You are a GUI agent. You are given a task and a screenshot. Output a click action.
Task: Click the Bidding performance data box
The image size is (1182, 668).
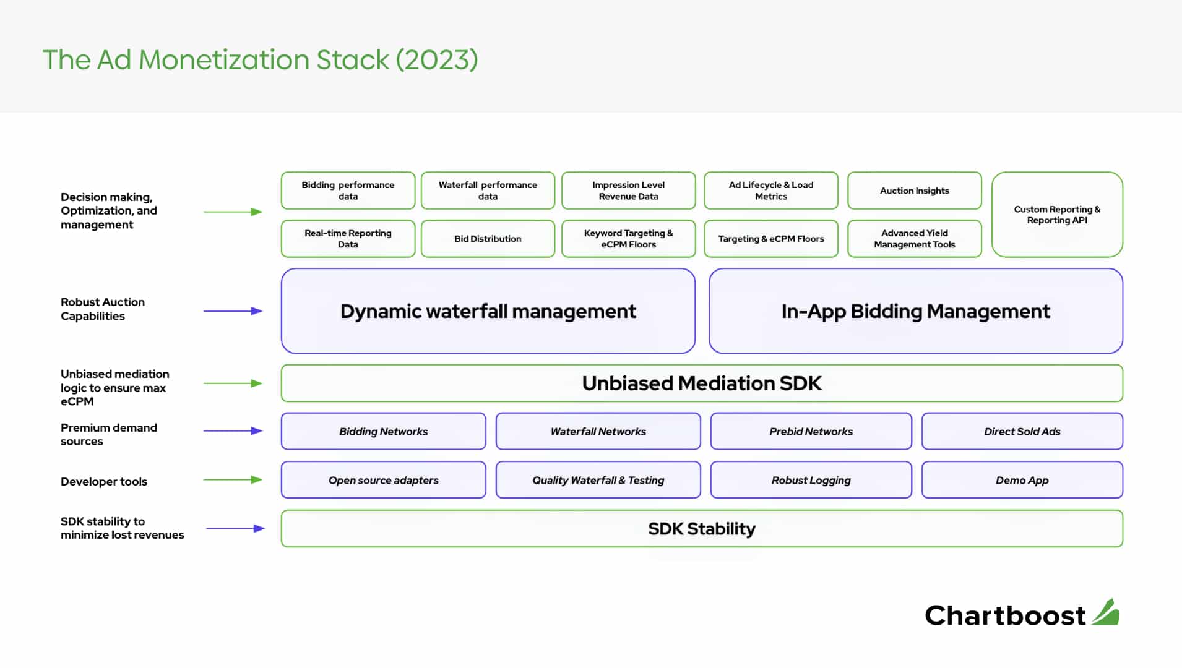tap(348, 191)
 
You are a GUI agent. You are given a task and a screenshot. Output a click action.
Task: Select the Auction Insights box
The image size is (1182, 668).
tap(914, 191)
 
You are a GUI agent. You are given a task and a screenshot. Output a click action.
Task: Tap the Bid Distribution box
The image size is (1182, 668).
tap(488, 239)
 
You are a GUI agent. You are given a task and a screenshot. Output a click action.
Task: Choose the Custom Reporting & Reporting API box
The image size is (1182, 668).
tap(1057, 215)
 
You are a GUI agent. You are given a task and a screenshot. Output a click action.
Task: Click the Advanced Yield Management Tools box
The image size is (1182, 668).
tap(914, 239)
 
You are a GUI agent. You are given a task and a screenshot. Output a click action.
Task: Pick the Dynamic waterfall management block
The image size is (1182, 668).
tap(488, 311)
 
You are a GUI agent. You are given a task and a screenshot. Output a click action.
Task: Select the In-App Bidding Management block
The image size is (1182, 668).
tap(916, 311)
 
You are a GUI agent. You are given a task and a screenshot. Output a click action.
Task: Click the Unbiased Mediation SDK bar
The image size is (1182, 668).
tap(702, 383)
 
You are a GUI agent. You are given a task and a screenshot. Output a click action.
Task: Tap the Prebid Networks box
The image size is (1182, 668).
tap(811, 431)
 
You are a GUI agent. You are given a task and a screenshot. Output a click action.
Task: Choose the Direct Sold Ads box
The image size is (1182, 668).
tap(1022, 431)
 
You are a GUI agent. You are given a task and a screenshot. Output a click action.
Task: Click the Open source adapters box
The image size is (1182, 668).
tap(384, 480)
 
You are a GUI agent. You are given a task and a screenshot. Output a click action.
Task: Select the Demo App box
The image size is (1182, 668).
tap(1022, 480)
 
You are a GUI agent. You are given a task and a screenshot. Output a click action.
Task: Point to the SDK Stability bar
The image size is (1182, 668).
tap(702, 529)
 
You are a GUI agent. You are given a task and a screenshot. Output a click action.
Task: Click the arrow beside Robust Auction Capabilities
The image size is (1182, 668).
tap(233, 311)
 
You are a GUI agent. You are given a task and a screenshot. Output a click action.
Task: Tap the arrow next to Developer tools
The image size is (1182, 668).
tap(233, 480)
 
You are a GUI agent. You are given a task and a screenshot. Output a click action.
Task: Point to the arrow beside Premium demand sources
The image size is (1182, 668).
tap(233, 431)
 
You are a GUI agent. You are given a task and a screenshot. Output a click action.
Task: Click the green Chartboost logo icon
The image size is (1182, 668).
tap(1105, 613)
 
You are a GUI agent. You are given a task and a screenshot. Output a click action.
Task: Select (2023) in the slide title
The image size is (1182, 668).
tap(437, 60)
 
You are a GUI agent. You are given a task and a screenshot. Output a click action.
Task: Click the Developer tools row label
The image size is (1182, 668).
tap(104, 481)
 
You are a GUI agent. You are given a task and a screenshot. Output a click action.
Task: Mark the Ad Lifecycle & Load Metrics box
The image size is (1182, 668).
tap(771, 191)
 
